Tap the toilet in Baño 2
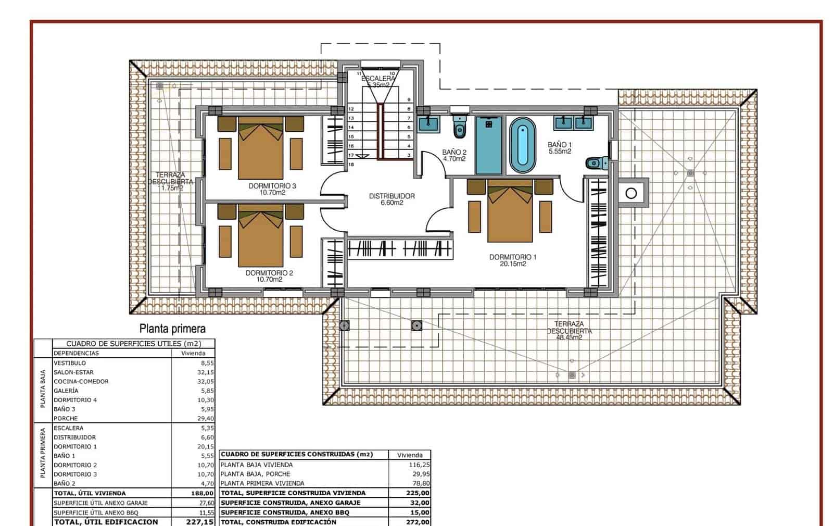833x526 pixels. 459,129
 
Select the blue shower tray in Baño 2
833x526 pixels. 490,145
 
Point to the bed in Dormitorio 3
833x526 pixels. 260,148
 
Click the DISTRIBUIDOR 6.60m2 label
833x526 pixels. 392,199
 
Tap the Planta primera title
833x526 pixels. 172,329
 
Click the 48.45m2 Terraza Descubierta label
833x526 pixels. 569,331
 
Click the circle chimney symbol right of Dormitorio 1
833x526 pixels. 631,194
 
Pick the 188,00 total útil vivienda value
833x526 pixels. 203,493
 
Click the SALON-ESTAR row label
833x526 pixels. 73,372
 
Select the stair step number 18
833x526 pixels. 351,165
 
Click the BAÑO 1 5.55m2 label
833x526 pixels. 560,148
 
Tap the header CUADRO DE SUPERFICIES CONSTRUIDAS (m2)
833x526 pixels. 297,454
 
